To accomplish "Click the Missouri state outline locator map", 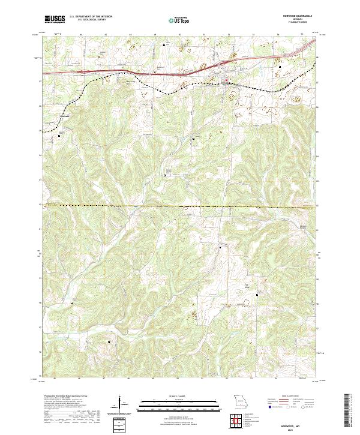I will [x=241, y=400].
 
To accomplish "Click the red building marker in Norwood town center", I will [x=226, y=83].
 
